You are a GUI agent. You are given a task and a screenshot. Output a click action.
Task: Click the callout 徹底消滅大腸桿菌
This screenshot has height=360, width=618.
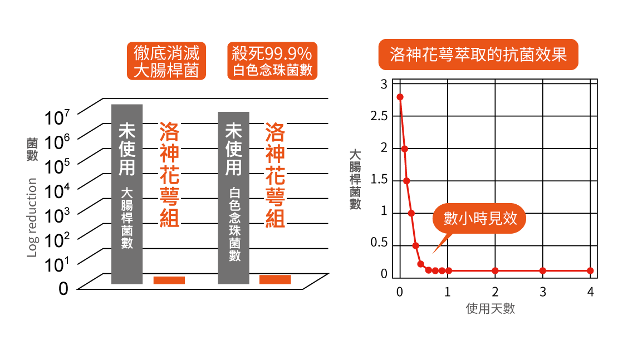[166, 61]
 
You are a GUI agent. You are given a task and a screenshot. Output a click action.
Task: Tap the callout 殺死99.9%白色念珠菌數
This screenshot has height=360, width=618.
[272, 61]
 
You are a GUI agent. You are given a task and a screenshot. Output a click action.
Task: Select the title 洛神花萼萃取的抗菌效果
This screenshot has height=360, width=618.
[478, 55]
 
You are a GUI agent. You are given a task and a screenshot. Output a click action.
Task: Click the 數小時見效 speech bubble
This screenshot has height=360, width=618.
[479, 218]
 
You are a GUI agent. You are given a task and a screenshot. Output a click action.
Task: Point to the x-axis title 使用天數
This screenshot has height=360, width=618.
[490, 308]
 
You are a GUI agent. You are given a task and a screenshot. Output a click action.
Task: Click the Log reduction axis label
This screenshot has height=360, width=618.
[32, 218]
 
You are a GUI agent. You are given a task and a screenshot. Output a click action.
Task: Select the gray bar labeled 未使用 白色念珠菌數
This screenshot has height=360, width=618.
[233, 198]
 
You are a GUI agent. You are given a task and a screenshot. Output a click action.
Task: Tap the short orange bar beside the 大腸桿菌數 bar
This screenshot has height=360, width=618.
[169, 280]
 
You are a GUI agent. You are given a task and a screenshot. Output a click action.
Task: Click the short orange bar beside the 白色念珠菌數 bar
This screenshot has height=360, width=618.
[275, 279]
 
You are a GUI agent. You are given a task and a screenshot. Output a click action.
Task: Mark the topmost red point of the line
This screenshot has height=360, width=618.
[400, 97]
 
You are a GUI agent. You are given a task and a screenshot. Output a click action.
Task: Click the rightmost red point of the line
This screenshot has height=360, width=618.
[590, 271]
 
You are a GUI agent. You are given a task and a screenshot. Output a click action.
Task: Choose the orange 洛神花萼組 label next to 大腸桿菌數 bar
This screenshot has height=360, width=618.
[169, 175]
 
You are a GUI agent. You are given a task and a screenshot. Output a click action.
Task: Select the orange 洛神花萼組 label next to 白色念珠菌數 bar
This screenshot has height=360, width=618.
[275, 175]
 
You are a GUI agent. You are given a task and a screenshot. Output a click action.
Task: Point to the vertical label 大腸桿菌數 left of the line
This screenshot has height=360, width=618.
[355, 179]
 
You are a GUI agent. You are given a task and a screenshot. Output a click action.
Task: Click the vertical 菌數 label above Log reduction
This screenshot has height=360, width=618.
[32, 149]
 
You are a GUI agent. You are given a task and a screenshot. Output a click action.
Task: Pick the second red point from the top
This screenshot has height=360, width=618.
[404, 149]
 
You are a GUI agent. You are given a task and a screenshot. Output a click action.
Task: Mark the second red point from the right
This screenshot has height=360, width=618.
[542, 271]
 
